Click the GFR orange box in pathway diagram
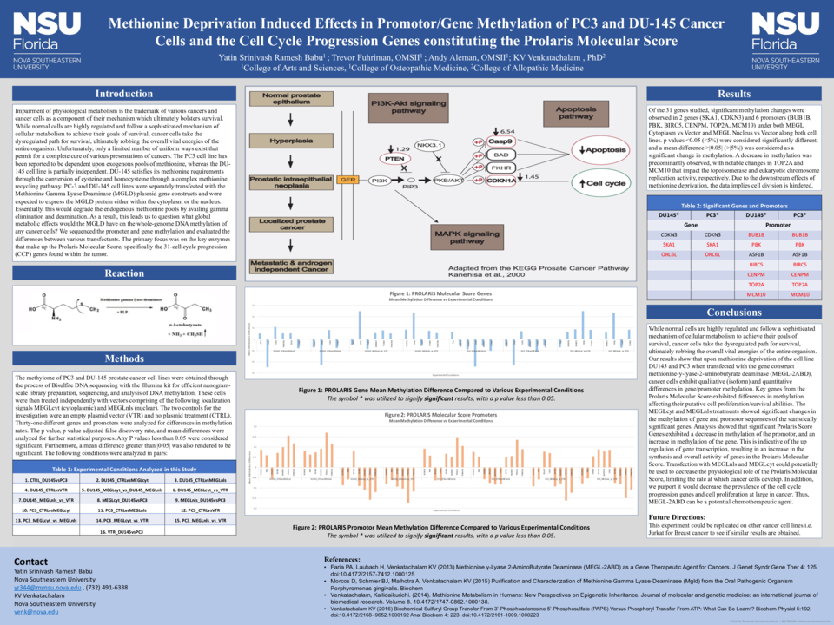(x=348, y=180)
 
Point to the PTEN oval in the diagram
(x=395, y=159)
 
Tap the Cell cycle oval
(x=606, y=183)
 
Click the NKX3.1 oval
(x=430, y=145)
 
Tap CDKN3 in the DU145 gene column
(x=669, y=234)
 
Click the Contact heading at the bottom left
(x=31, y=562)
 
